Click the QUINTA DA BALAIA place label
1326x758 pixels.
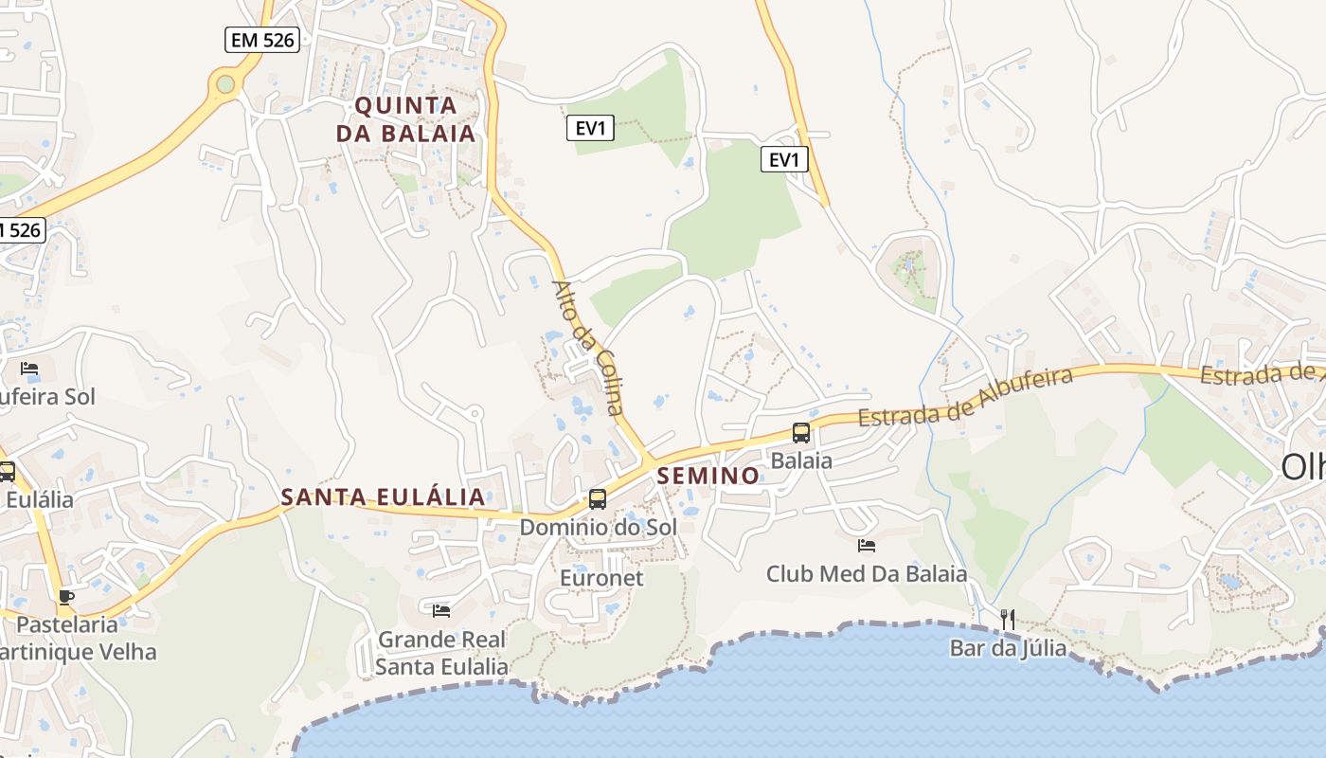point(405,119)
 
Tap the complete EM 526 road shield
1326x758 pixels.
point(262,40)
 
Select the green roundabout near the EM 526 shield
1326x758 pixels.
point(224,84)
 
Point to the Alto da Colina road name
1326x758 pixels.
point(588,347)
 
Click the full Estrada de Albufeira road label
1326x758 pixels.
point(965,397)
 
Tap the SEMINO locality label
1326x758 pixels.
point(708,476)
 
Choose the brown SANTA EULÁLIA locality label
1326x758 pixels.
point(383,496)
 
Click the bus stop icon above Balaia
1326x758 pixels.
point(801,433)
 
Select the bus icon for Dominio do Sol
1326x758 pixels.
point(598,498)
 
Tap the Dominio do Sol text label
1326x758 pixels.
point(598,527)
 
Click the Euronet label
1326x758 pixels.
point(601,578)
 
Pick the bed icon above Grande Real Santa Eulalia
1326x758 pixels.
point(441,611)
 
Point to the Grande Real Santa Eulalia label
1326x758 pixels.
point(441,653)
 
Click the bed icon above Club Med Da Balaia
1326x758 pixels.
point(867,546)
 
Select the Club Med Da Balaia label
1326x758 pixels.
point(867,574)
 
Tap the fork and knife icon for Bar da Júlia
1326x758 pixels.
point(1008,620)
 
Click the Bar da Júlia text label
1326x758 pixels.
point(1008,649)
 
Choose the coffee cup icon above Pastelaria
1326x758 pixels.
point(65,597)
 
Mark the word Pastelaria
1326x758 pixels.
point(67,625)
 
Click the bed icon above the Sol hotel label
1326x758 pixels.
point(29,369)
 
